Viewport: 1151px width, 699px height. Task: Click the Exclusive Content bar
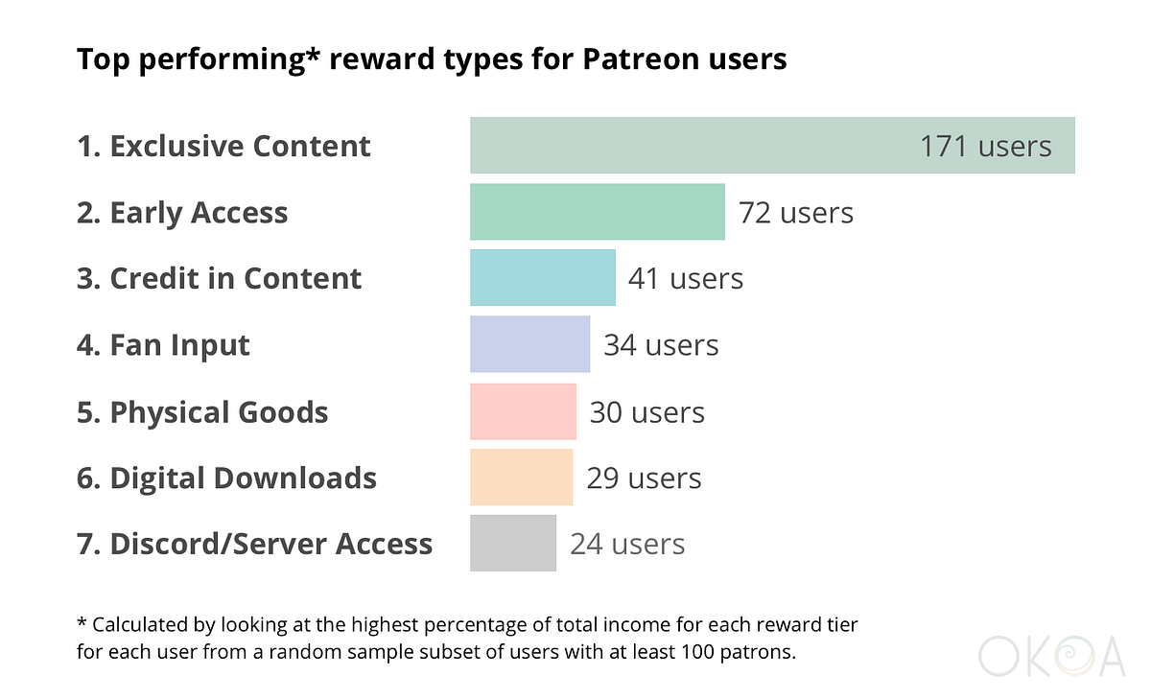(691, 146)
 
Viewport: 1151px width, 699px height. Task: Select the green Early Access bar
(597, 212)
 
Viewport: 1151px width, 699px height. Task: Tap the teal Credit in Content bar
(542, 278)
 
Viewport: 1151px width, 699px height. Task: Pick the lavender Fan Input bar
(529, 344)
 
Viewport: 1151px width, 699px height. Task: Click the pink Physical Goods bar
(523, 411)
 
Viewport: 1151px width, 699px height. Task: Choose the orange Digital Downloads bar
(521, 478)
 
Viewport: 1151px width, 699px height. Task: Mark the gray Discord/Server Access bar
(512, 544)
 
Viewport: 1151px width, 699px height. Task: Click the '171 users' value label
(985, 147)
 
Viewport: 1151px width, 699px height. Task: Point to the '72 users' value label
(795, 213)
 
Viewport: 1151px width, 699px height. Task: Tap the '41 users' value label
(685, 279)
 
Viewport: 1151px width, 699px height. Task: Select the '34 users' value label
(660, 345)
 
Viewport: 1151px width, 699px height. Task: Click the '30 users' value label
(646, 412)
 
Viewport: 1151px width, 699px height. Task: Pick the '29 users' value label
(644, 478)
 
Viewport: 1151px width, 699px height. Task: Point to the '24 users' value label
(627, 545)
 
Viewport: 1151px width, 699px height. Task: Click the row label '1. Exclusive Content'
(223, 147)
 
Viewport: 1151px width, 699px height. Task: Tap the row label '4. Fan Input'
(163, 345)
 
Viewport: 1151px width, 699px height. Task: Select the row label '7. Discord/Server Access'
(254, 545)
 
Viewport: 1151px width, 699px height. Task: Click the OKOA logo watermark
(1051, 657)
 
